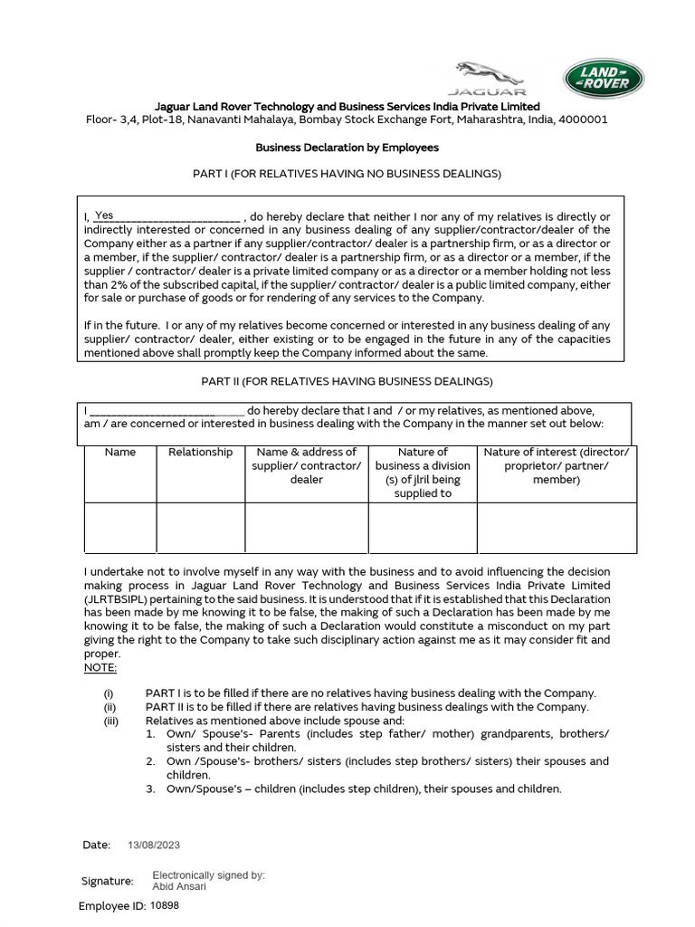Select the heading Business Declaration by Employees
coord(347,147)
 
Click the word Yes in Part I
coord(104,215)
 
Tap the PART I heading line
coord(347,173)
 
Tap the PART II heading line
coord(347,381)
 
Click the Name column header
coord(119,452)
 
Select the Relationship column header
coord(200,452)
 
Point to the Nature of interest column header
coord(557,465)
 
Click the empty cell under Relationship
coord(200,528)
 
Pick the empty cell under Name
coord(119,528)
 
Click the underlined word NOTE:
coord(100,667)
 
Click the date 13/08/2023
coord(154,845)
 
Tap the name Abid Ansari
coord(179,886)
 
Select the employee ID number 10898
coord(165,904)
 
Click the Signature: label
coord(107,881)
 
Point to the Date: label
coord(96,845)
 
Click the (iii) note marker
coord(111,721)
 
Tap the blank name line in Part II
coord(167,411)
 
